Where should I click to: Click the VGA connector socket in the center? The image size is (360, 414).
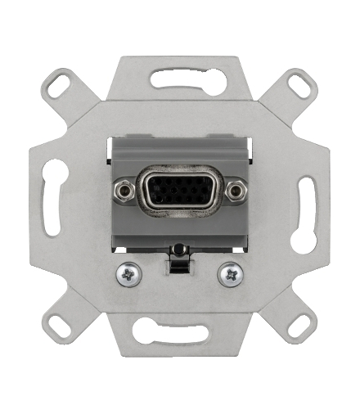(x=180, y=192)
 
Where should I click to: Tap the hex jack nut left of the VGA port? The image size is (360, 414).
(x=124, y=191)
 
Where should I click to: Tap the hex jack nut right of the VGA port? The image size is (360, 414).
(x=236, y=191)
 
